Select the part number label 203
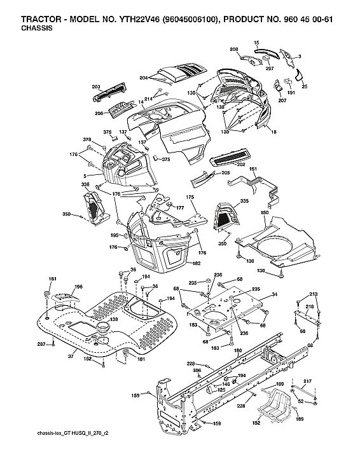tap(96, 86)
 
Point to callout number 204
tap(144, 78)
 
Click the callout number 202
tap(240, 165)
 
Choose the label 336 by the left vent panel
tap(85, 184)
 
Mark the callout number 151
tap(253, 169)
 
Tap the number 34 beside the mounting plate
tap(274, 294)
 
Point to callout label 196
tap(78, 287)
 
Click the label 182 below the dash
tap(197, 263)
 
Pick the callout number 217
tap(308, 381)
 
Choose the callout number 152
tap(256, 423)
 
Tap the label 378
tap(87, 139)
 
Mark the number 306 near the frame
tap(197, 371)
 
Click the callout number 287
tap(41, 344)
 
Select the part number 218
tap(309, 306)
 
